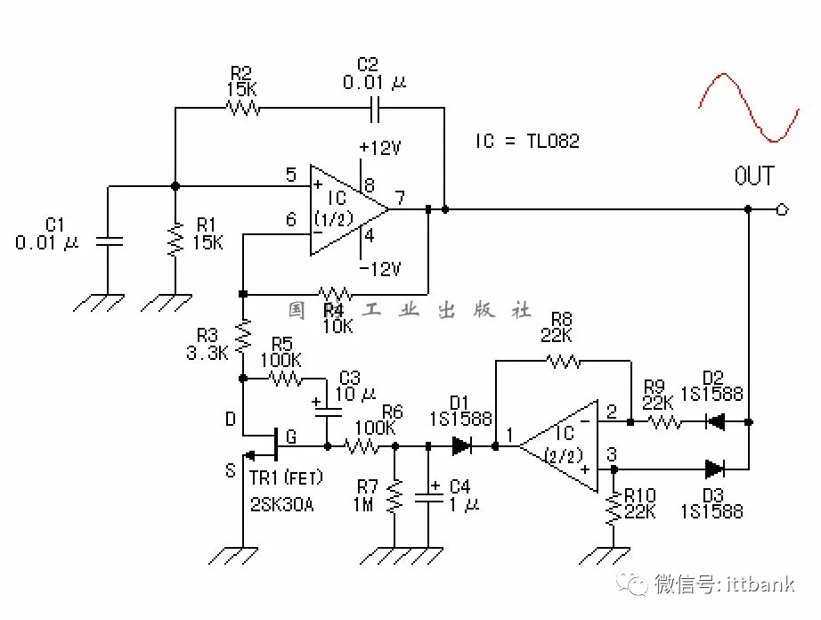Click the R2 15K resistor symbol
click(242, 108)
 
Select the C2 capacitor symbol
click(375, 108)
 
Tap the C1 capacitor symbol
click(109, 241)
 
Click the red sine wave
click(748, 108)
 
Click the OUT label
click(753, 175)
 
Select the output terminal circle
click(781, 209)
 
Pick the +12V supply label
click(380, 148)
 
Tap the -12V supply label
click(380, 268)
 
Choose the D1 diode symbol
click(462, 445)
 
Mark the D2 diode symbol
click(714, 420)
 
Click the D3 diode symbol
click(714, 469)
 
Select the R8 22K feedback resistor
click(563, 361)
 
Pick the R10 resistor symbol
click(614, 509)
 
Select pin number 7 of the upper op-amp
click(401, 197)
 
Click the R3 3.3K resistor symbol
click(242, 338)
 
